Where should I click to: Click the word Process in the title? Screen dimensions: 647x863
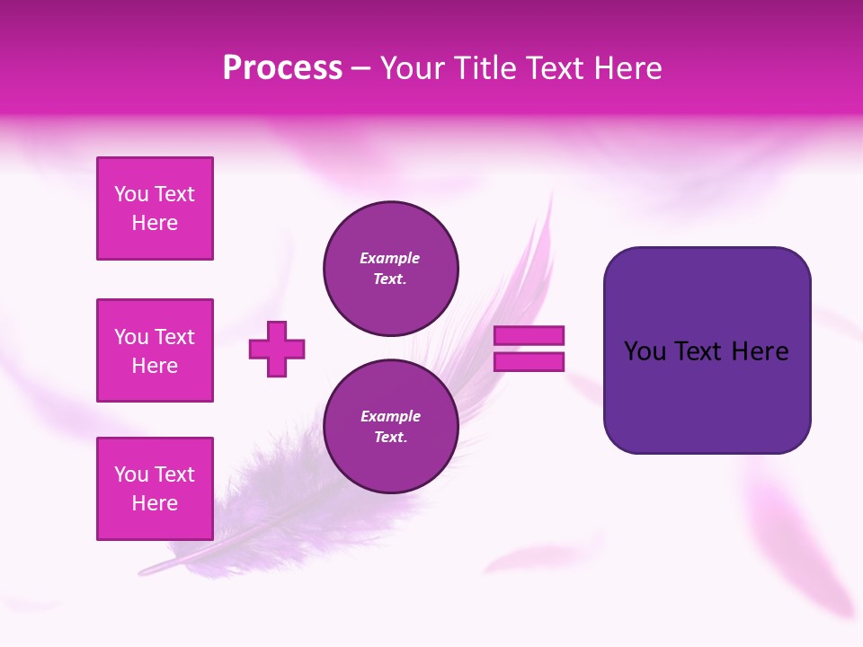282,68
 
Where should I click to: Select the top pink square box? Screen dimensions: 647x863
155,208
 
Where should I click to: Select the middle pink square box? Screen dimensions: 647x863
155,350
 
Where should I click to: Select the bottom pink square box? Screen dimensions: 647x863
155,489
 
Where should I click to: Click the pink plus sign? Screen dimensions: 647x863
277,349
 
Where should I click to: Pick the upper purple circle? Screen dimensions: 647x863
391,269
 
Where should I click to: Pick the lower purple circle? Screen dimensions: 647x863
391,427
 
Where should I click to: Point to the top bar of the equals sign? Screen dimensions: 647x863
529,336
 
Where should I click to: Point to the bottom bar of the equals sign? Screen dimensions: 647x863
529,362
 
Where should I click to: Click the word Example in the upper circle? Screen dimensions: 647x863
390,259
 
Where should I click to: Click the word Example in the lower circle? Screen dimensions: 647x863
390,417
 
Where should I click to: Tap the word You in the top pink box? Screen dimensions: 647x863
130,194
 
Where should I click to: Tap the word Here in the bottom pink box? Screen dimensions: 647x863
155,504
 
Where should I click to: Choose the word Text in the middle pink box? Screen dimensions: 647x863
174,337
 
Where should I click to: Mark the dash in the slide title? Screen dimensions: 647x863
360,69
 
